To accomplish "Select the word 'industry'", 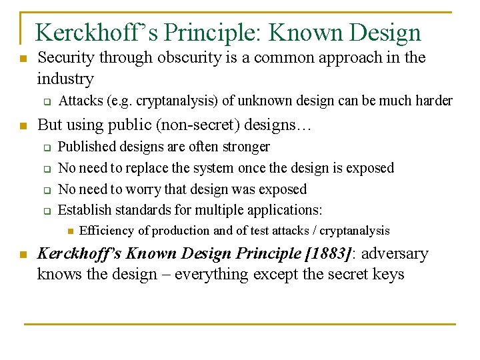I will coord(65,79).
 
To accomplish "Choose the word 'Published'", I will coord(85,147).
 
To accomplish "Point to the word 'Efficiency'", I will coord(107,231).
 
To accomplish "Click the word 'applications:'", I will coord(285,210).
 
